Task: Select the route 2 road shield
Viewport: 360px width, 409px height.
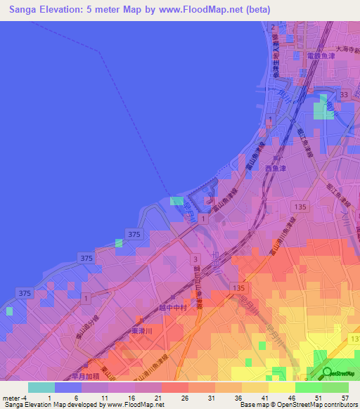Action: click(273, 27)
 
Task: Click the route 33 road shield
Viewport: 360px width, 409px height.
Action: click(344, 93)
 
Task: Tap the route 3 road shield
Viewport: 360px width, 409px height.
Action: click(195, 259)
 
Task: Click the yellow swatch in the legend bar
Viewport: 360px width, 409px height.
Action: click(282, 387)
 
